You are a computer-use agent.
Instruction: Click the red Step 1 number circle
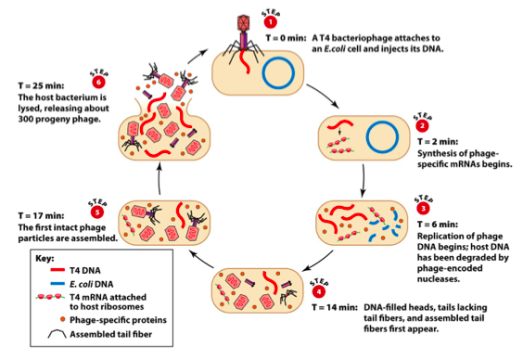coord(271,22)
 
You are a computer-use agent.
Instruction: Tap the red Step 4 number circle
coord(319,292)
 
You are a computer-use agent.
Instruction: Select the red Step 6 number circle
coord(98,82)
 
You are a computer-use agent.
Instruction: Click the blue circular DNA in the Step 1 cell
coord(278,73)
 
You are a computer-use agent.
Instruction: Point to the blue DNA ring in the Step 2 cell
coord(382,138)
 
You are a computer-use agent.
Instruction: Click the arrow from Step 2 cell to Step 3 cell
coord(363,180)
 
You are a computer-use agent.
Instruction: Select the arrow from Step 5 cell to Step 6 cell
coord(159,177)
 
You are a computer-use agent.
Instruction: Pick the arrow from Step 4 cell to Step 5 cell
coord(201,260)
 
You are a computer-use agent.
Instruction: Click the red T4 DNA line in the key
coord(57,270)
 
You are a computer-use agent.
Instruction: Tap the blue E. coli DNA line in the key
coord(57,284)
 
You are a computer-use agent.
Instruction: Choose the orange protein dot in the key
coord(62,319)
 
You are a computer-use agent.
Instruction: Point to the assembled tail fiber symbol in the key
coord(57,332)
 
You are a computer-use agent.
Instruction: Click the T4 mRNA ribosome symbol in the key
coord(50,297)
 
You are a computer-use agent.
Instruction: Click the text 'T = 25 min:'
coord(41,85)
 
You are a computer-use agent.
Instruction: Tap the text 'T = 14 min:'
coord(335,307)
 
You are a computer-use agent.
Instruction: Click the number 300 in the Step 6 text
coord(26,119)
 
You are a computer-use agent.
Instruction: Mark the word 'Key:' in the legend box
coord(45,259)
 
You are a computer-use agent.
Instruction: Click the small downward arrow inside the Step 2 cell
coord(339,131)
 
